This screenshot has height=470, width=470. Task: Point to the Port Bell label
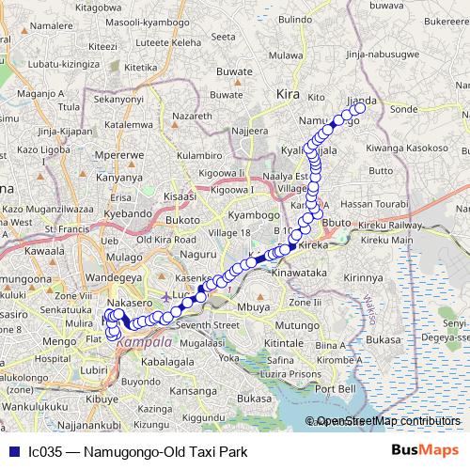pos(336,388)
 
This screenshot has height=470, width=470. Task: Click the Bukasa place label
pos(254,399)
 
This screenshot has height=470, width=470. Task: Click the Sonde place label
pos(403,110)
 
